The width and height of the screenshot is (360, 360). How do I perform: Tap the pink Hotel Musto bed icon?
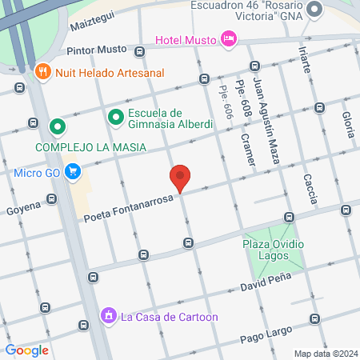[229, 38]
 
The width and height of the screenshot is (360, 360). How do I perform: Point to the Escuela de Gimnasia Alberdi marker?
[116, 117]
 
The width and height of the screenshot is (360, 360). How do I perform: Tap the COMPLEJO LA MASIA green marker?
[57, 126]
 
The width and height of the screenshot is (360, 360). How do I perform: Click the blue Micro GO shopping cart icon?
[73, 170]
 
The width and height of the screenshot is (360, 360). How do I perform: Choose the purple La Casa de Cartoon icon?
[106, 316]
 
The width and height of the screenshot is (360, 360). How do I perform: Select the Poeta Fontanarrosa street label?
[127, 209]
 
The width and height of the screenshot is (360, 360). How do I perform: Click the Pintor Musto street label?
[98, 50]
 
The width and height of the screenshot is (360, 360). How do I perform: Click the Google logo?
[27, 350]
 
